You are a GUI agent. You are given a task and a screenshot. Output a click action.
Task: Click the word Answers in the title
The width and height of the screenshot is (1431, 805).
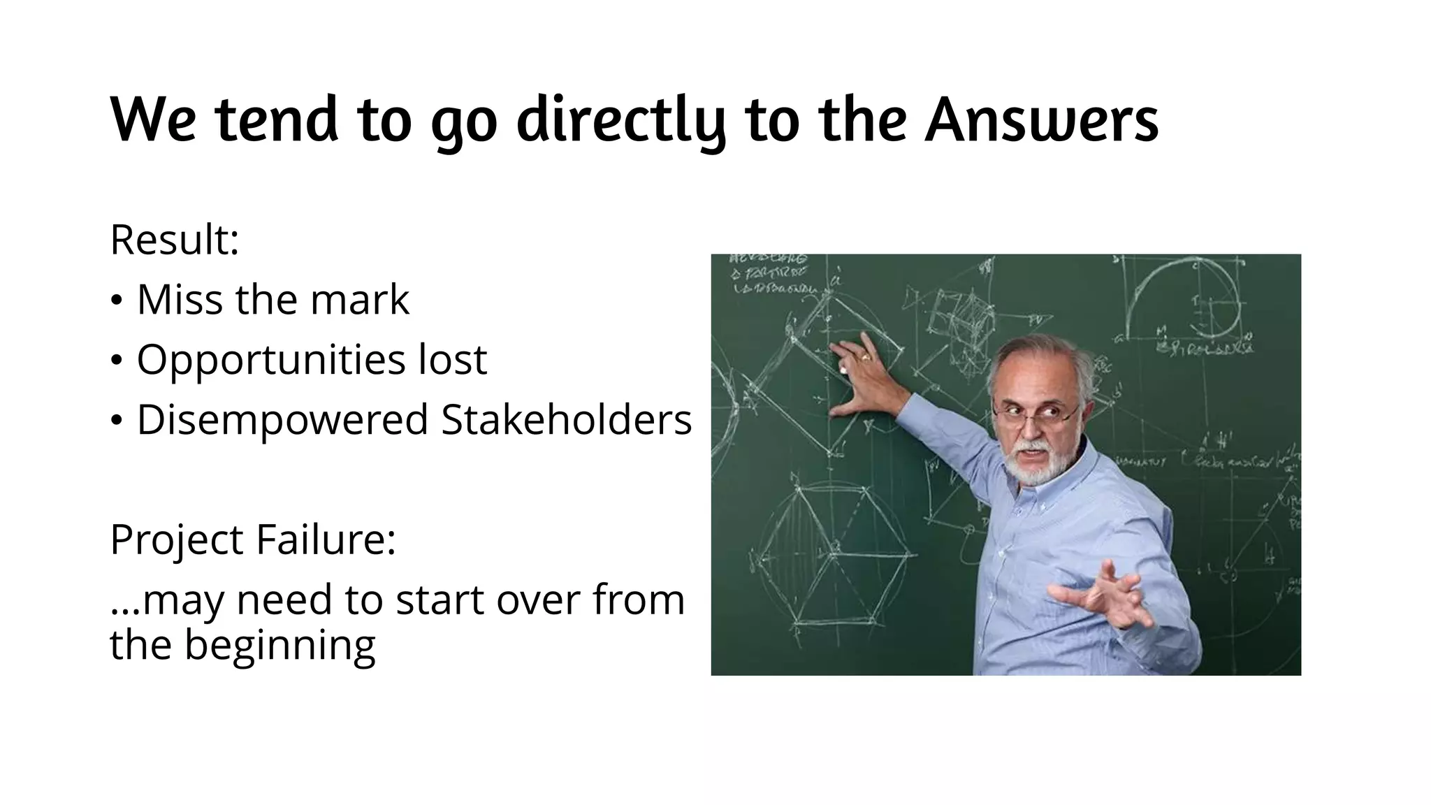[x=1041, y=120]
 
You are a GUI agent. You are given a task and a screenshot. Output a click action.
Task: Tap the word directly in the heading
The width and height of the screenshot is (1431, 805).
[x=621, y=120]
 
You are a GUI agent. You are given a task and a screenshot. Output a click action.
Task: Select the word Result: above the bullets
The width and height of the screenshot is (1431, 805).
[x=175, y=240]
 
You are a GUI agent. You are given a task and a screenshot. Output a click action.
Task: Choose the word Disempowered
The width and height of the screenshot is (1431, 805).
[x=282, y=421]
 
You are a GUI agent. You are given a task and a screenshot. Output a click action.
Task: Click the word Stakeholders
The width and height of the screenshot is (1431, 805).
[x=567, y=419]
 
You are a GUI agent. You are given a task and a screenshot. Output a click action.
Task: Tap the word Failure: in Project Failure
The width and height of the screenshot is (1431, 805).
[x=326, y=539]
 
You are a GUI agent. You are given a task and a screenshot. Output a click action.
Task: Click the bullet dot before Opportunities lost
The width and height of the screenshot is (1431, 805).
[x=117, y=361]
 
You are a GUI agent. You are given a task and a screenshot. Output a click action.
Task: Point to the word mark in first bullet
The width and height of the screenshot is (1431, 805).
[x=360, y=300]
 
